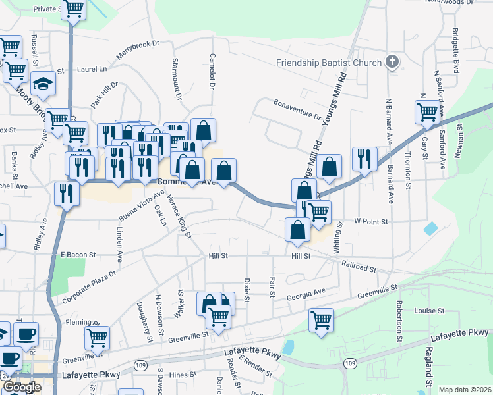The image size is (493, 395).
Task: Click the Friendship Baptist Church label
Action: (328, 63)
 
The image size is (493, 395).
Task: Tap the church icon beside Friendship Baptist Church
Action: (392, 63)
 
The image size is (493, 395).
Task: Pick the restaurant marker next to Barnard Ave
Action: (364, 159)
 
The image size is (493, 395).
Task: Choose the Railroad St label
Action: (359, 266)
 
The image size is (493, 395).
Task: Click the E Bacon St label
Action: (78, 254)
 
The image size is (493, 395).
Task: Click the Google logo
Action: (21, 387)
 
